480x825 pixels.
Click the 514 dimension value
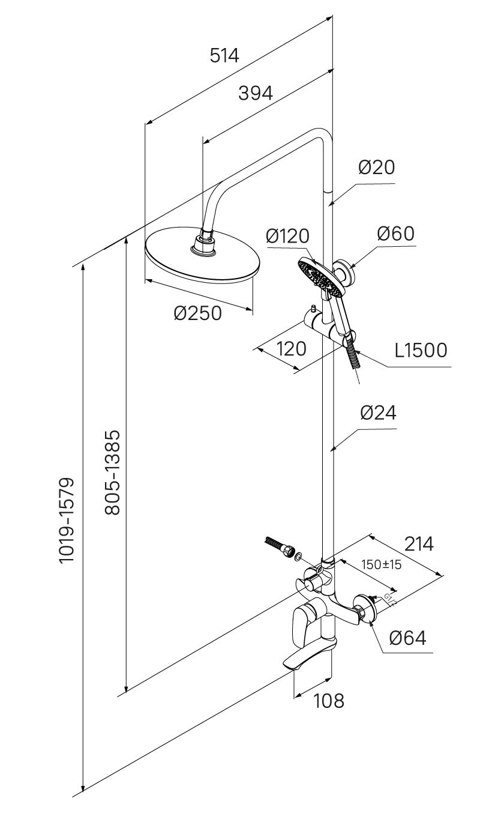[x=224, y=56]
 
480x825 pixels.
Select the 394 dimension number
[x=256, y=93]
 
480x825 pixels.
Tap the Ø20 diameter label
[x=377, y=167]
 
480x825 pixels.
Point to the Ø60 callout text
[x=395, y=234]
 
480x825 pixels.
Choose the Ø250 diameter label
[x=198, y=313]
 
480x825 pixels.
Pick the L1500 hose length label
[x=421, y=350]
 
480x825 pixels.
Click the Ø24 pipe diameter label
[x=378, y=413]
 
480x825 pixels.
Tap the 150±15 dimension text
[x=381, y=564]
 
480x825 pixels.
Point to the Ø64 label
[x=407, y=638]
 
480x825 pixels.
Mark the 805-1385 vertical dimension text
[x=113, y=472]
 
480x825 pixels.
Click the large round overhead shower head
[x=202, y=258]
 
